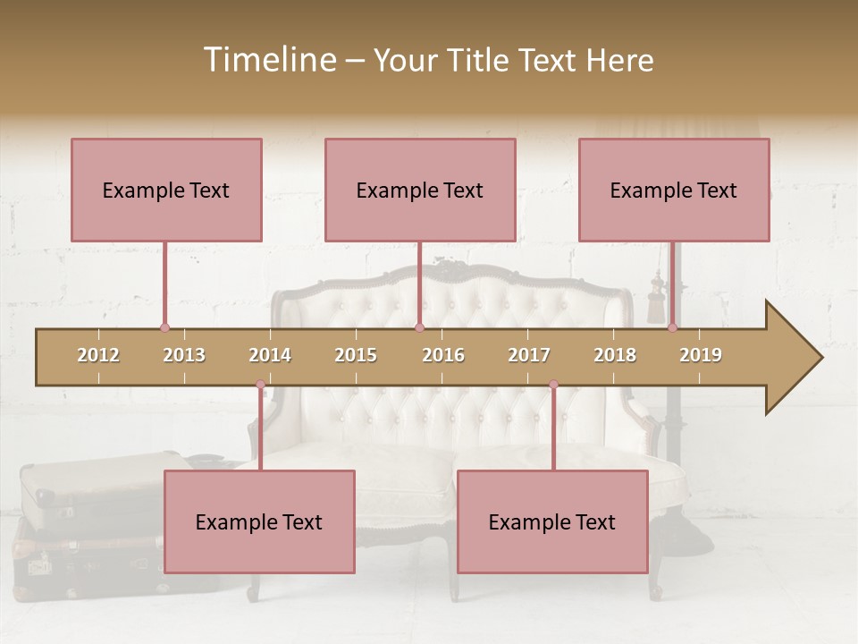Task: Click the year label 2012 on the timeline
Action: [x=98, y=355]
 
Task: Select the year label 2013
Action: [x=184, y=355]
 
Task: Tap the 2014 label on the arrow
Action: [x=270, y=355]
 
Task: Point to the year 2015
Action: [x=356, y=355]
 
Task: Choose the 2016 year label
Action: [x=443, y=355]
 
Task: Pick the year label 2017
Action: [x=529, y=355]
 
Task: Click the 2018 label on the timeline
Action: [x=615, y=355]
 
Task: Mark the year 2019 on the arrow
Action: [x=701, y=355]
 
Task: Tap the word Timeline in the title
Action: [x=267, y=60]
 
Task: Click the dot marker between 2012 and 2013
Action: [x=164, y=328]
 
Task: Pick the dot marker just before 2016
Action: [x=419, y=328]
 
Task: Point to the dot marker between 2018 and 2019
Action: [x=672, y=328]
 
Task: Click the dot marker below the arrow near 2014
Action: [x=260, y=385]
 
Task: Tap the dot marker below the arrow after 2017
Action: [x=553, y=385]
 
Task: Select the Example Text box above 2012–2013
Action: [x=166, y=190]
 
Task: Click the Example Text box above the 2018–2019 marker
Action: [x=674, y=190]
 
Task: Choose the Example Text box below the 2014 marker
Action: [x=259, y=521]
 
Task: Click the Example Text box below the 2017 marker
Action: [x=552, y=521]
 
